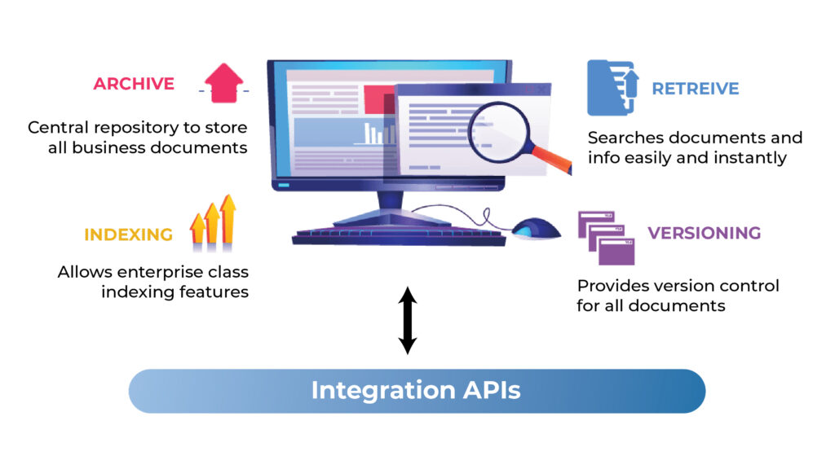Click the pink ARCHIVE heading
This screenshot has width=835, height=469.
[134, 84]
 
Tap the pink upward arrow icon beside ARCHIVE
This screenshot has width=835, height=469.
[223, 84]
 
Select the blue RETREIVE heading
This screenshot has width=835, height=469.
[695, 89]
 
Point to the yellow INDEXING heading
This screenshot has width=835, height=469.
[128, 235]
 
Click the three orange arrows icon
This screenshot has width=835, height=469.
[213, 221]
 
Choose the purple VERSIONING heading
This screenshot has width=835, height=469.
[704, 234]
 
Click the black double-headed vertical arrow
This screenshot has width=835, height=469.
[408, 320]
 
